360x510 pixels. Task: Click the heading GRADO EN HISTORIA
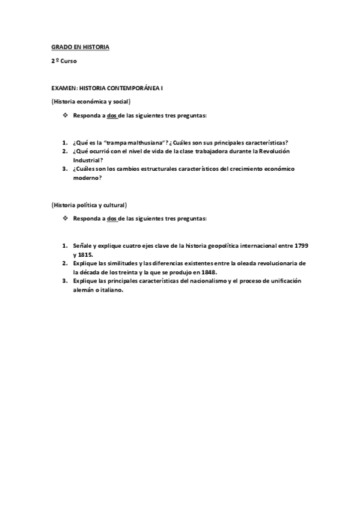click(x=80, y=46)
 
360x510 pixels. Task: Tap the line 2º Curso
click(x=64, y=61)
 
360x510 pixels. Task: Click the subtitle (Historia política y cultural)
click(x=88, y=204)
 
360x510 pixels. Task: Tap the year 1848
click(x=206, y=272)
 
